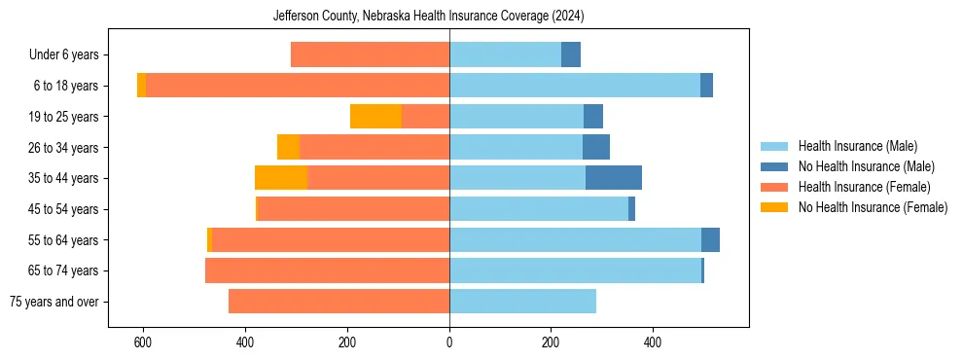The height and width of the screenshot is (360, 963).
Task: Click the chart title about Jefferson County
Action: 448,16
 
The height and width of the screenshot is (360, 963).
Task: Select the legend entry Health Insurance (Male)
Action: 857,146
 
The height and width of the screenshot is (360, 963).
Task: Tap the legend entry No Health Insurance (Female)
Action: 873,207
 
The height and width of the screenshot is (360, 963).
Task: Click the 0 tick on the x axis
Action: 449,342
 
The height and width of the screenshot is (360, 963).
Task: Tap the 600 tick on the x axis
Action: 143,342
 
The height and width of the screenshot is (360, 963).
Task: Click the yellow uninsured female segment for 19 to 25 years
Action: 375,117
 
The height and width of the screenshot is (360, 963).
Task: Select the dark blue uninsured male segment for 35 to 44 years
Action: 614,178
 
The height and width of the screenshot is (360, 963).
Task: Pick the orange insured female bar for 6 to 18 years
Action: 298,86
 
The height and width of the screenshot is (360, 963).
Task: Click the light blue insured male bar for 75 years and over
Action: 522,302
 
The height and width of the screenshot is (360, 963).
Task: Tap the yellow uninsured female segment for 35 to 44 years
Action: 281,178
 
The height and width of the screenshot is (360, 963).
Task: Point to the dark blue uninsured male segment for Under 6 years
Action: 571,55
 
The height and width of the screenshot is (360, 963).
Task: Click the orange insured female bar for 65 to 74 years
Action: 328,270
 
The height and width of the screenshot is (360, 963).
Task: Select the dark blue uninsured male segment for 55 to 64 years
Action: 710,240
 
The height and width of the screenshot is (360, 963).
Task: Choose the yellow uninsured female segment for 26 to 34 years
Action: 288,147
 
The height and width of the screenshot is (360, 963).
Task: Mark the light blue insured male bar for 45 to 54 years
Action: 539,209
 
